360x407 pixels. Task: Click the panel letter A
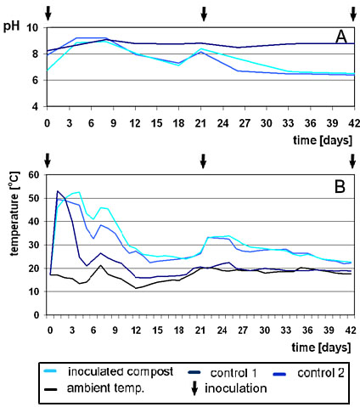341,37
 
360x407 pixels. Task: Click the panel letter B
340,187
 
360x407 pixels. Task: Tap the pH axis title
11,26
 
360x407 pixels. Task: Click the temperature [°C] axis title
14,213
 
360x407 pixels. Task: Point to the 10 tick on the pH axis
32,27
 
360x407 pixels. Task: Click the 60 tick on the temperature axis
34,175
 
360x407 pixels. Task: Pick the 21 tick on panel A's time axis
200,123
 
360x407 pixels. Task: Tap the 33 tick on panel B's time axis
286,331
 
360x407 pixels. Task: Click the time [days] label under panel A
323,140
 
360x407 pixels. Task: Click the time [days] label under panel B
321,348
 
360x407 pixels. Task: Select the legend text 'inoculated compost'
121,371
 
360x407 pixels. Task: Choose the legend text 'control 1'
233,373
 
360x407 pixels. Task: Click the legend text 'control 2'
321,373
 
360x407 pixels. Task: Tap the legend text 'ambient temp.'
105,388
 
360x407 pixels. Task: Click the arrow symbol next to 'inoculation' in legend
194,388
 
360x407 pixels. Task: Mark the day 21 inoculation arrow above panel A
204,14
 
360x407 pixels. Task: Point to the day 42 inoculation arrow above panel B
352,161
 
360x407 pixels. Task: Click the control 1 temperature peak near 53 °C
58,191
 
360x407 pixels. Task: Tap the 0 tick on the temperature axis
37,315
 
